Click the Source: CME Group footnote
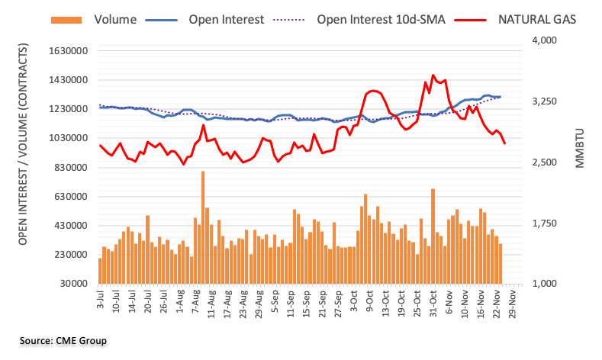pos(64,340)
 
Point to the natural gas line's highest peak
pos(433,76)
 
